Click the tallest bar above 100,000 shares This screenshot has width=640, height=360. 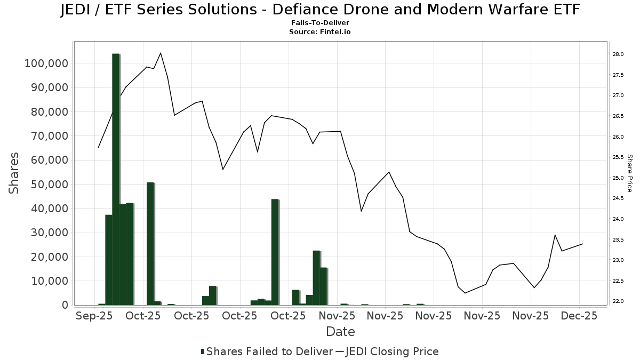tap(116, 179)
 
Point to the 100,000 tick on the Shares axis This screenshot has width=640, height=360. tap(46, 63)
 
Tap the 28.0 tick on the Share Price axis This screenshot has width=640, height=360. tap(618, 54)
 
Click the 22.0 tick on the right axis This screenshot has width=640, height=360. tap(618, 301)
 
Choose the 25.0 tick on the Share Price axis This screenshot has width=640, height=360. tap(618, 178)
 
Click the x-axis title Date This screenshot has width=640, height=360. tap(340, 332)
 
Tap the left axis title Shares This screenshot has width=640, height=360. tap(15, 173)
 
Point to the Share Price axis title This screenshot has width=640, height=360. tap(629, 173)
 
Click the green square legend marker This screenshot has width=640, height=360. tap(203, 351)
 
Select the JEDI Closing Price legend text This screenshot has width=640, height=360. tap(392, 351)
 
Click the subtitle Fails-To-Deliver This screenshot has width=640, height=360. tap(320, 23)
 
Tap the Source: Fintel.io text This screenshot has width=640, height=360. tap(320, 32)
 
